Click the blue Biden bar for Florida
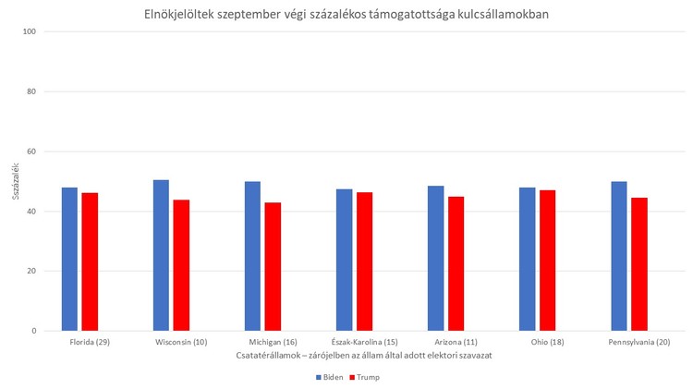click(x=69, y=259)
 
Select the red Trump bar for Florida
click(x=90, y=261)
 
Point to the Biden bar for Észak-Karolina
click(x=344, y=260)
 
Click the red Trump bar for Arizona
click(x=456, y=263)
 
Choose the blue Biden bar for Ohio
click(x=527, y=259)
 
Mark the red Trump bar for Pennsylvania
click(x=639, y=264)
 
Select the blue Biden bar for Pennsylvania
click(x=619, y=256)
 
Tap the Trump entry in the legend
click(x=365, y=377)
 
